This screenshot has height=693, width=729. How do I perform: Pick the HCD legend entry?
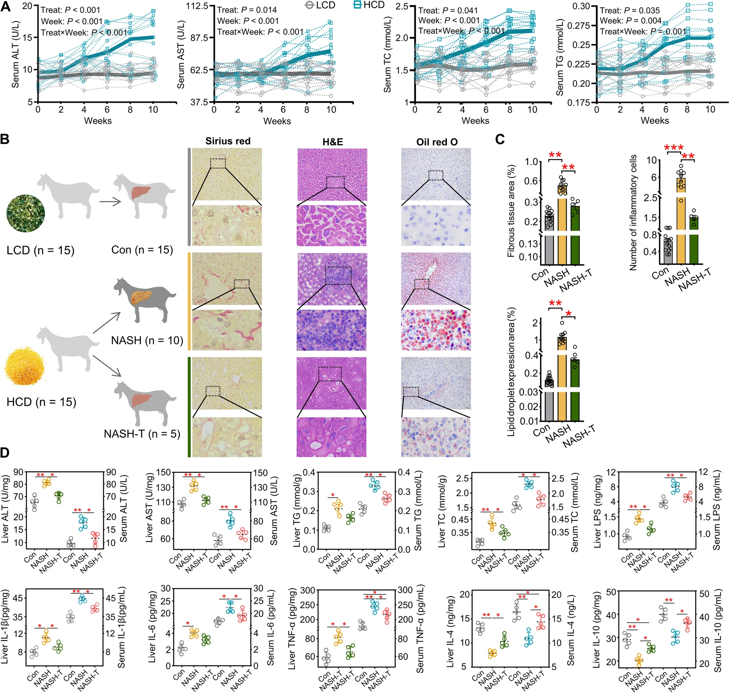pos(369,5)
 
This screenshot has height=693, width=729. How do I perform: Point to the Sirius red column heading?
pos(228,141)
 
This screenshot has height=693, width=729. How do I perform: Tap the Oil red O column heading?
pos(437,142)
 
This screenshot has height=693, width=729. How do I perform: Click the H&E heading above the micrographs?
pos(332,142)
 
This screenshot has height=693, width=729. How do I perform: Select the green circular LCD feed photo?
pos(25,213)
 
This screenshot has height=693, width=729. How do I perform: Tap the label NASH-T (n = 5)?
pos(142,434)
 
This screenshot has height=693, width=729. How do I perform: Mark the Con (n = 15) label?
pos(142,250)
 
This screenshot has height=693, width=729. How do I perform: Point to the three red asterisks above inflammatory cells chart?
pos(673,147)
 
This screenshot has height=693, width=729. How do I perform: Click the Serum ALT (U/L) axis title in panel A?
pos(15,55)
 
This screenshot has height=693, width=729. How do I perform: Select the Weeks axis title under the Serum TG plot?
pos(654,121)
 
